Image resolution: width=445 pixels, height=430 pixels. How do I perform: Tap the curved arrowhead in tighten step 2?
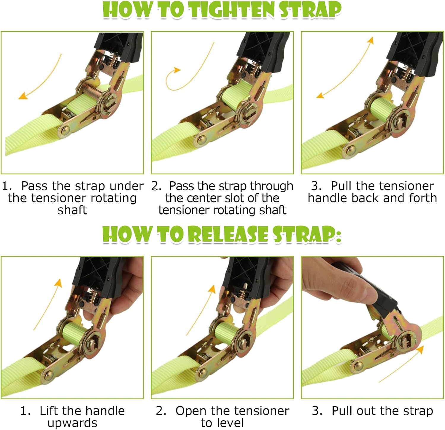(x=177, y=70)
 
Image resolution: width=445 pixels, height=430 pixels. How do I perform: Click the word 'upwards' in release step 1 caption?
(x=72, y=423)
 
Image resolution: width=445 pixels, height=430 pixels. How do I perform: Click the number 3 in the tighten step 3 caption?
(x=315, y=186)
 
